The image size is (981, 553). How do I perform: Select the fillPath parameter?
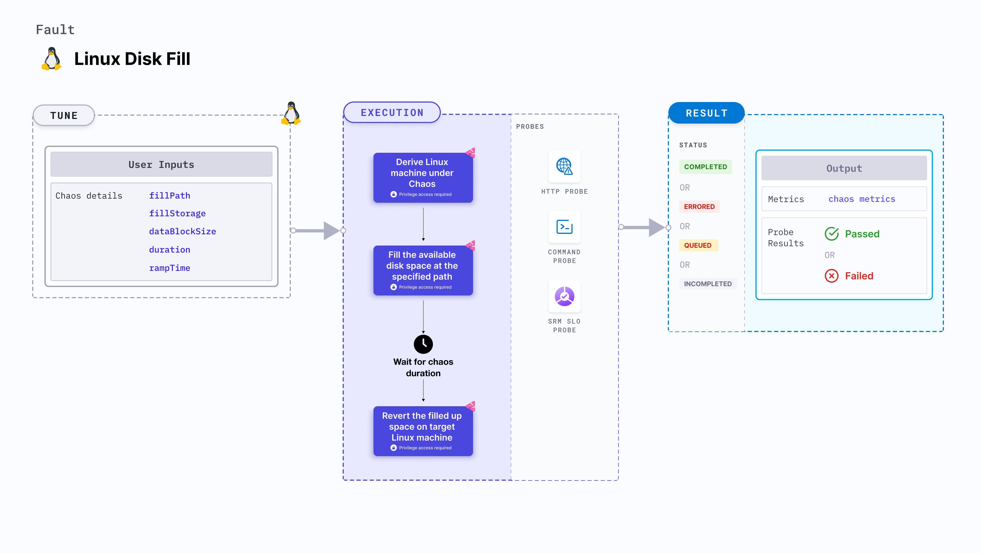coord(169,196)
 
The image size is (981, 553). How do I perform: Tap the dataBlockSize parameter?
coord(183,232)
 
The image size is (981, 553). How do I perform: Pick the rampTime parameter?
coord(169,268)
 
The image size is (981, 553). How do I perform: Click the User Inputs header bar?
coord(161,165)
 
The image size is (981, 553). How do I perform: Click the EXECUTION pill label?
coord(392,113)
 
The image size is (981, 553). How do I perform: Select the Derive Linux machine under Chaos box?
coord(423,178)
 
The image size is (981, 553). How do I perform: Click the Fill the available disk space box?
coord(423,270)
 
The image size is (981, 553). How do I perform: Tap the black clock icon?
coord(423,344)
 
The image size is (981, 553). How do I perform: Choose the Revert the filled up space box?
coord(423,431)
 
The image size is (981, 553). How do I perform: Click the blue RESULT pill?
coord(707,113)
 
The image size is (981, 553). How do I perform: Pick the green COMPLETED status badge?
coord(705,167)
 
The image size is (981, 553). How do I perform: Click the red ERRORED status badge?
coord(699,207)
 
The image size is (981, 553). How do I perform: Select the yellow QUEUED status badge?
coord(698,245)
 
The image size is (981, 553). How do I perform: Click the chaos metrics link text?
coord(862,199)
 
